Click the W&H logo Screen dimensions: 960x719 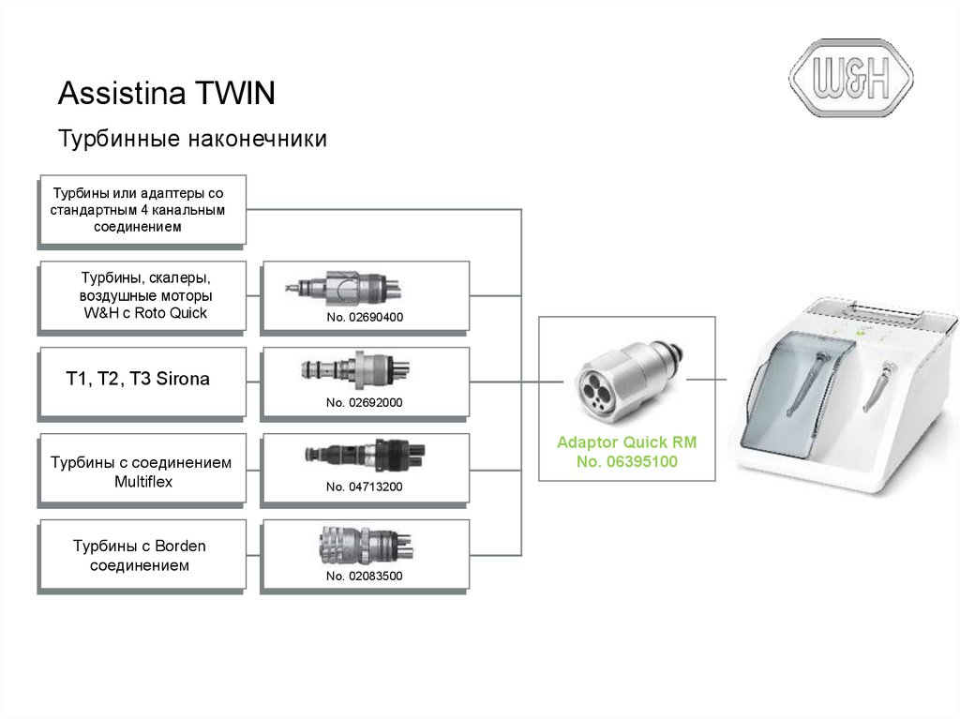click(x=851, y=78)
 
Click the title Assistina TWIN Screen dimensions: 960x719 click(x=167, y=93)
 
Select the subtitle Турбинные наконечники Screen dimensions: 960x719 click(x=192, y=139)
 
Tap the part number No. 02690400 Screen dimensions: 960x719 click(x=365, y=317)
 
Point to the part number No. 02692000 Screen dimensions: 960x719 click(x=365, y=402)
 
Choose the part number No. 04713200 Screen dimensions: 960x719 click(x=365, y=487)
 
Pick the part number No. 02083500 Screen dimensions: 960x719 click(x=365, y=576)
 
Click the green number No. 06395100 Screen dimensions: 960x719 click(x=627, y=461)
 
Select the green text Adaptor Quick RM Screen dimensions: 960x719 click(x=627, y=442)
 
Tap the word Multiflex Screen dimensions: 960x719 click(x=143, y=482)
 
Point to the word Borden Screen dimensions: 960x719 click(x=180, y=546)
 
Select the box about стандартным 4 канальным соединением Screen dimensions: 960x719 click(x=142, y=211)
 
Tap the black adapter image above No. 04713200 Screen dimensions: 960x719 click(x=365, y=455)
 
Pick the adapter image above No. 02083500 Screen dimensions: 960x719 click(x=366, y=545)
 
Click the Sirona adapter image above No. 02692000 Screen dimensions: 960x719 click(x=355, y=368)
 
